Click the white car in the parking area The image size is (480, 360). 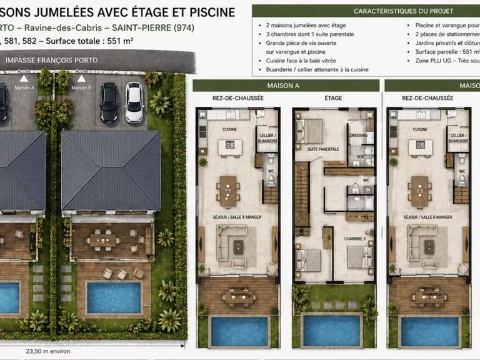(134, 102)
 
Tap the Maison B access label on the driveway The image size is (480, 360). (81, 87)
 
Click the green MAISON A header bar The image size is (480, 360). (286, 86)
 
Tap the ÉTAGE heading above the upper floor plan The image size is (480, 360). (333, 99)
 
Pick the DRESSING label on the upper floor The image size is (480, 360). (359, 135)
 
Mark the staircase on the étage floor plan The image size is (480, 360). (302, 194)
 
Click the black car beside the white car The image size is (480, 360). (109, 102)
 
